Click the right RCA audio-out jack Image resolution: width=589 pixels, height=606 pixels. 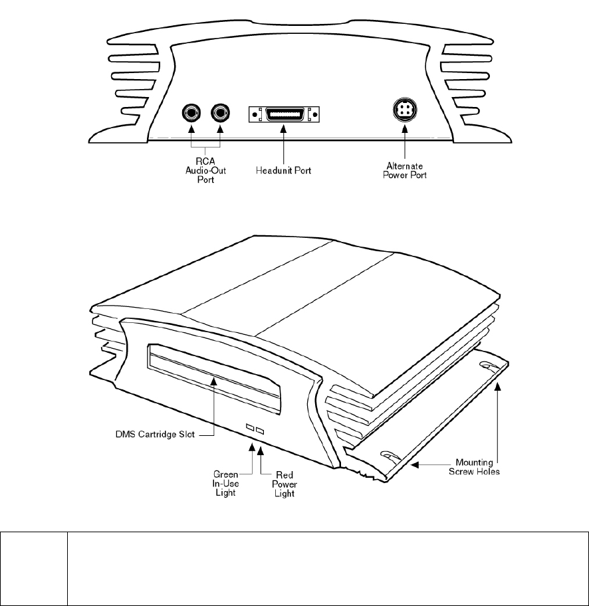click(x=219, y=114)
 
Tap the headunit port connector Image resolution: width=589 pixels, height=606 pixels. click(x=284, y=114)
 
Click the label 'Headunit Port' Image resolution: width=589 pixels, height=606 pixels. click(x=284, y=171)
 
